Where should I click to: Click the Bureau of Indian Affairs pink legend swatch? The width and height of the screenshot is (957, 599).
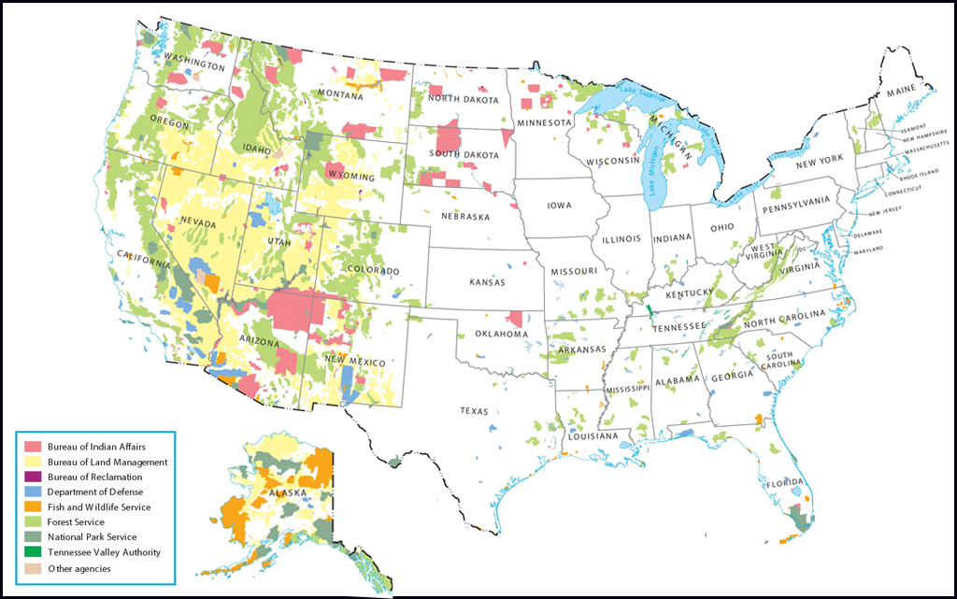tap(33, 447)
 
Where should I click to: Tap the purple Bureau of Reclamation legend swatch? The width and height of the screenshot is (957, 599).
tap(33, 477)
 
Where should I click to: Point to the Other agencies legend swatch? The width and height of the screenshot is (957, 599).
tap(33, 567)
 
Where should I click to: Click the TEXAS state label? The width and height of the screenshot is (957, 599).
tap(474, 410)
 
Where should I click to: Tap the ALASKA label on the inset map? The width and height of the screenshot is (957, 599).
tap(283, 492)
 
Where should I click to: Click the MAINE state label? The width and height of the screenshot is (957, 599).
tap(902, 91)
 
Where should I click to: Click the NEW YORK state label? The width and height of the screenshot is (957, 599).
tap(818, 164)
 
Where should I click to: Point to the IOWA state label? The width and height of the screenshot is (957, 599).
tap(560, 206)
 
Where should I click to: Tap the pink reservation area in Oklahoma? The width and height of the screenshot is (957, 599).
tap(514, 319)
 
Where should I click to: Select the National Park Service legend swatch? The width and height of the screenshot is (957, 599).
tap(33, 537)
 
